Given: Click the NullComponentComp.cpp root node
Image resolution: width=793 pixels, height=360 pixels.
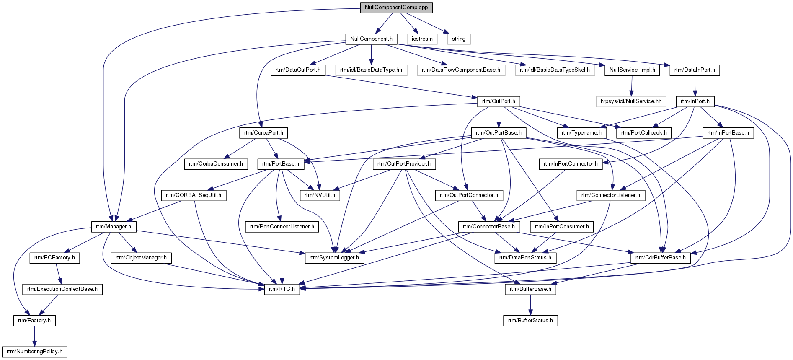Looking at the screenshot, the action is click(396, 8).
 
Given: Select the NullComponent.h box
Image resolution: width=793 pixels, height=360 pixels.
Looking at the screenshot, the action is click(371, 39).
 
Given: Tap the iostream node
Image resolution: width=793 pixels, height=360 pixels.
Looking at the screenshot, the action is click(422, 39).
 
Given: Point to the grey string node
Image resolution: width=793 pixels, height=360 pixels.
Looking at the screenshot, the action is click(459, 39).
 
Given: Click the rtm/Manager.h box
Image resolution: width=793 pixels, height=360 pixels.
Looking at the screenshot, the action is click(114, 227).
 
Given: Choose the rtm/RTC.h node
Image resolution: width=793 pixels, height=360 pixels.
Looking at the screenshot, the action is click(282, 289).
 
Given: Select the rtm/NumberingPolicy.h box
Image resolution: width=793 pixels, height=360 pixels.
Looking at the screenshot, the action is click(34, 352).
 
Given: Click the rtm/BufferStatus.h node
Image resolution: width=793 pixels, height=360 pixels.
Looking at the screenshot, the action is click(530, 321).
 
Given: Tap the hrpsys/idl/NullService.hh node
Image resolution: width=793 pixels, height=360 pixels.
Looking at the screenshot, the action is click(631, 101).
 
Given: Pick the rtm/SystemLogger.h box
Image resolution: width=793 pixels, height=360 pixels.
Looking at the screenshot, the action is click(334, 258).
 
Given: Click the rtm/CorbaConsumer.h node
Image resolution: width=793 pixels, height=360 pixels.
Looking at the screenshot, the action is click(216, 164).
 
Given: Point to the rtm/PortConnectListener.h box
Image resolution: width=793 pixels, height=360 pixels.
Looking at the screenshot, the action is click(282, 227).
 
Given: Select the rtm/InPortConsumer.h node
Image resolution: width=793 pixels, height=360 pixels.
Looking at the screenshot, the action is click(562, 227).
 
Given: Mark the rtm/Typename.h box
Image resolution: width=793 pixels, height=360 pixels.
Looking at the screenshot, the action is click(581, 133).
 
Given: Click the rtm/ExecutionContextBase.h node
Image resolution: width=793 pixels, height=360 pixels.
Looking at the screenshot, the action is click(62, 289).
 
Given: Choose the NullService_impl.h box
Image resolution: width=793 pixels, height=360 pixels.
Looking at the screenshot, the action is click(632, 70).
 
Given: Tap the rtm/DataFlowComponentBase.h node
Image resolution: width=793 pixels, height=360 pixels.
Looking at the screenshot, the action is click(461, 70).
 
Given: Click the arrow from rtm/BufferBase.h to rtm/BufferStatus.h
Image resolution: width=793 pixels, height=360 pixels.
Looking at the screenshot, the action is click(530, 305).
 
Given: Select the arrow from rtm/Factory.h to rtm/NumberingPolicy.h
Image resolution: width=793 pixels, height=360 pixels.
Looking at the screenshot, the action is click(34, 336).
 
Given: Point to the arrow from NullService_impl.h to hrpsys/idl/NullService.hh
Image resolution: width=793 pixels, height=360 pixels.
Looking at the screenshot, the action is click(632, 86).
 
